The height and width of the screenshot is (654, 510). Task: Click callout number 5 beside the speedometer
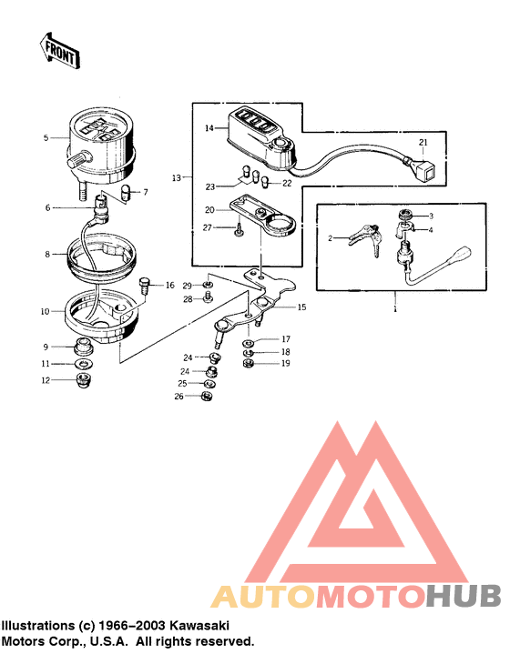tap(46, 138)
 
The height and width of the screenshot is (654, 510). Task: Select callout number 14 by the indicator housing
tap(209, 129)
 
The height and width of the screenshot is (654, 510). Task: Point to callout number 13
tap(177, 176)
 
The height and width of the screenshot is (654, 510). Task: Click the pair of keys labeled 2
tap(362, 236)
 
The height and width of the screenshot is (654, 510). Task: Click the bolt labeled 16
tap(143, 286)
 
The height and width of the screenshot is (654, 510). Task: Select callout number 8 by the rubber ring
tap(46, 256)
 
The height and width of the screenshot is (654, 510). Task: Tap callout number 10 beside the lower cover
tap(46, 312)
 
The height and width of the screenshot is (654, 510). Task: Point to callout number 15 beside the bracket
tap(301, 307)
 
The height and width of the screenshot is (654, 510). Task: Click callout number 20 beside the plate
tap(208, 208)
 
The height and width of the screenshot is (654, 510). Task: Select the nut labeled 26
tap(206, 396)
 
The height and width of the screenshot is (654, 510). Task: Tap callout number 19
tap(284, 364)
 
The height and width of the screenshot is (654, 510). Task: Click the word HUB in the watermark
tap(464, 597)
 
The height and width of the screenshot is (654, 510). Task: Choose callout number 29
tap(187, 286)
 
